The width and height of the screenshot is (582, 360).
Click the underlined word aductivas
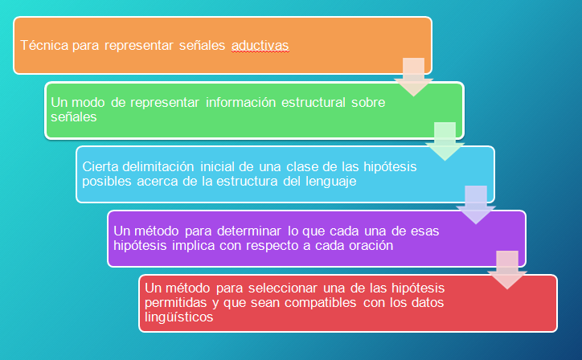(x=260, y=45)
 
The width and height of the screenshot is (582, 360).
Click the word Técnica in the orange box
(x=43, y=45)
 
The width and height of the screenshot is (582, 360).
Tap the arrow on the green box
(x=445, y=141)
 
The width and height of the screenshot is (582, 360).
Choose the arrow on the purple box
(x=507, y=270)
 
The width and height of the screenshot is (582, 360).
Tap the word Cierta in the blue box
(x=100, y=166)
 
